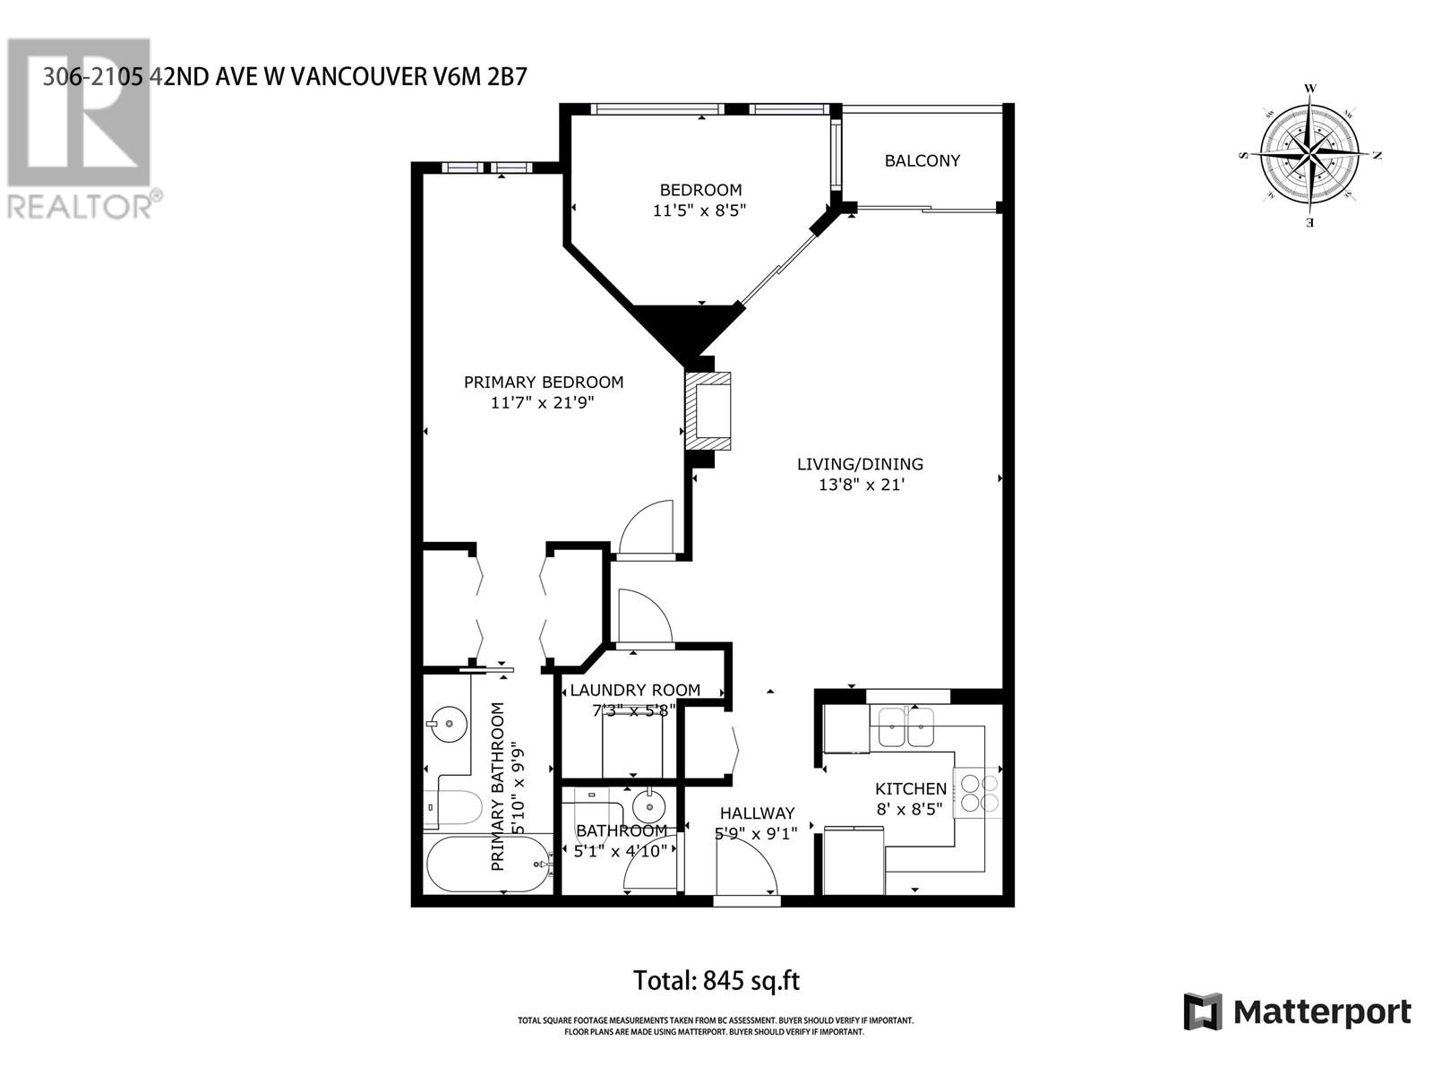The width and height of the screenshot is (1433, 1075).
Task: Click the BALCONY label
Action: [x=922, y=161]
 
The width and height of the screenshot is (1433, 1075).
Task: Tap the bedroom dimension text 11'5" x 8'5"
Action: [x=699, y=211]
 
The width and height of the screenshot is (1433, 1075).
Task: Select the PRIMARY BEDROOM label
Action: [x=543, y=383]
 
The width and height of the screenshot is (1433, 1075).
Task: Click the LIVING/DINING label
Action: [x=860, y=464]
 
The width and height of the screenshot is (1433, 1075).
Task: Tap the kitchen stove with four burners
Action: [x=977, y=793]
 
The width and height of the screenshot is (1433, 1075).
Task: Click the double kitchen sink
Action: [x=905, y=727]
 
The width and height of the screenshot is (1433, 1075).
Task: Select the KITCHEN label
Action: [x=910, y=788]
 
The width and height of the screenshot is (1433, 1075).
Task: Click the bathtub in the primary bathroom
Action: [x=488, y=864]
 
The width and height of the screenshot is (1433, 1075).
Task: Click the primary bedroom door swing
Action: [x=646, y=528]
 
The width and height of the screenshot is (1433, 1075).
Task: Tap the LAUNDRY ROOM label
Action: [x=634, y=690]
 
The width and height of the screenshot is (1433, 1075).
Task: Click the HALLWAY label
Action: [x=757, y=813]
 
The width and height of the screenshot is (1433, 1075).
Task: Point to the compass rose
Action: [x=1309, y=155]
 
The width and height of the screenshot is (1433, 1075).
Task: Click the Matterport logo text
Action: [x=1321, y=1012]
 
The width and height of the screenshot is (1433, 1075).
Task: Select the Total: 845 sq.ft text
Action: [x=716, y=980]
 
